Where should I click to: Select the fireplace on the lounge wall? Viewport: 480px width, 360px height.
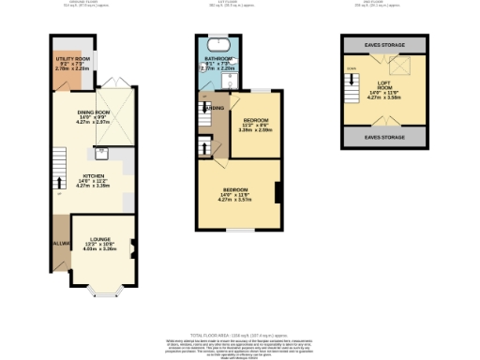coord(132,248)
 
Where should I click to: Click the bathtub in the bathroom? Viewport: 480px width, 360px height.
coord(217,44)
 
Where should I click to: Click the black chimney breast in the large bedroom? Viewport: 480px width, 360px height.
coord(277,193)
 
